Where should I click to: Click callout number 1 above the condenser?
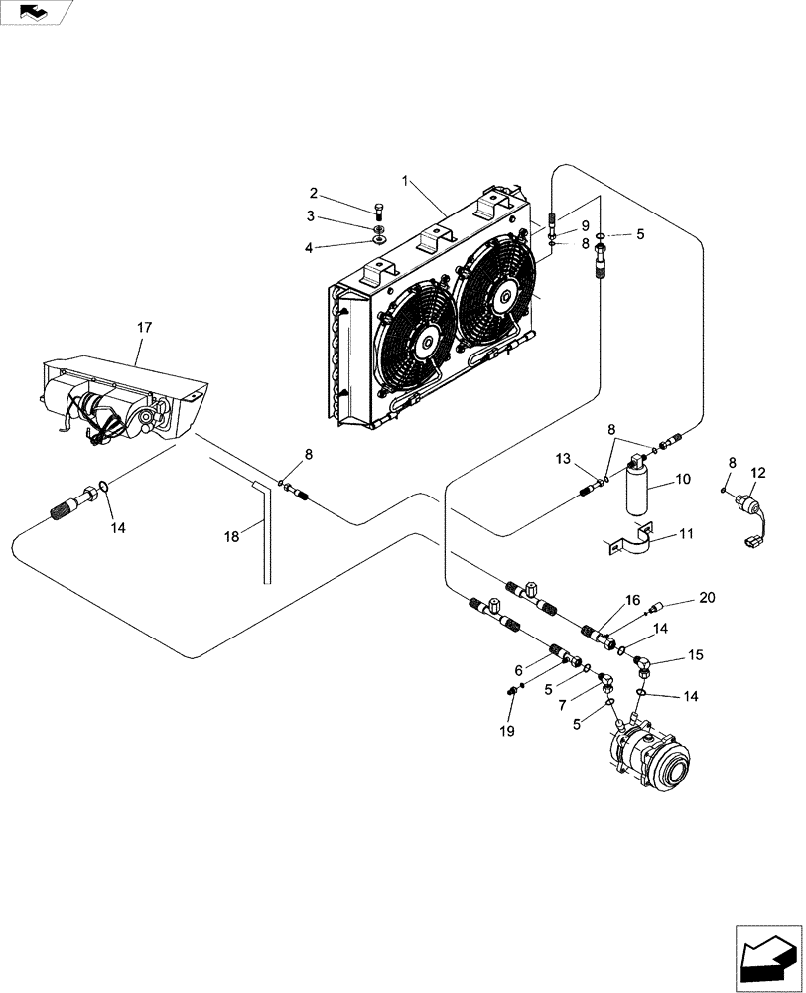pyautogui.click(x=405, y=180)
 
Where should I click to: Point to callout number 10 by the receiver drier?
pyautogui.click(x=683, y=480)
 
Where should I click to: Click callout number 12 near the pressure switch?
pyautogui.click(x=758, y=472)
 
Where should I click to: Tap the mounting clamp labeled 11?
pyautogui.click(x=635, y=543)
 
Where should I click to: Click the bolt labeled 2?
pyautogui.click(x=378, y=210)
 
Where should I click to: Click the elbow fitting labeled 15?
pyautogui.click(x=645, y=665)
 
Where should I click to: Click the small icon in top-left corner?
pyautogui.click(x=33, y=12)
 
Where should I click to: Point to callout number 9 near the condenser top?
pyautogui.click(x=585, y=225)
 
